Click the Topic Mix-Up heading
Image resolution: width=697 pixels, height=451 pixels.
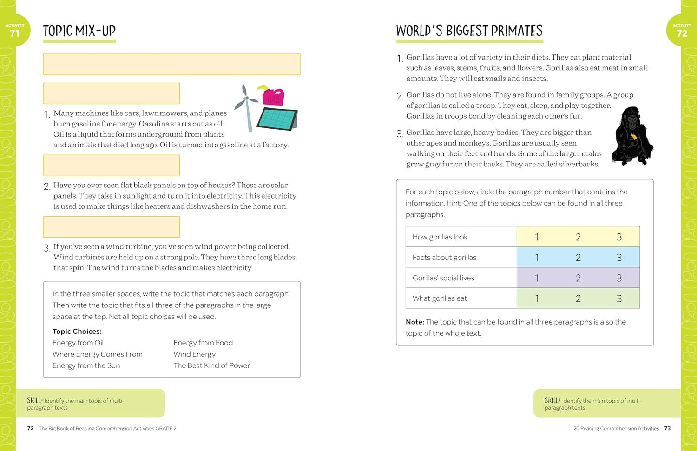pyautogui.click(x=79, y=31)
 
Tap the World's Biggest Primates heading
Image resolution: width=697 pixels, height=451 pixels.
pyautogui.click(x=469, y=31)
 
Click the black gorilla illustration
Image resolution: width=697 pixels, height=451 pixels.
pyautogui.click(x=632, y=136)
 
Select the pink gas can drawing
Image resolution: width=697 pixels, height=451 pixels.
pyautogui.click(x=273, y=96)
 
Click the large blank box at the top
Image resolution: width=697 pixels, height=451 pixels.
pyautogui.click(x=171, y=64)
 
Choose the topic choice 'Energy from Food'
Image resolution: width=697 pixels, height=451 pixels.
pyautogui.click(x=203, y=343)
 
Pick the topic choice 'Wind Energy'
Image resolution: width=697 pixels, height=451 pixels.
pyautogui.click(x=194, y=354)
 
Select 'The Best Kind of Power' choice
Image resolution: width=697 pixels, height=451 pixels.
pyautogui.click(x=211, y=365)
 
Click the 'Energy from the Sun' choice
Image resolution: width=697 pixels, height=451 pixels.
pyautogui.click(x=86, y=365)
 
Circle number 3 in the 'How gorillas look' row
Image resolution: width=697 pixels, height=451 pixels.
pyautogui.click(x=619, y=237)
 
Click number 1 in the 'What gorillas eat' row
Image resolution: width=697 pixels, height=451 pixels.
pyautogui.click(x=537, y=298)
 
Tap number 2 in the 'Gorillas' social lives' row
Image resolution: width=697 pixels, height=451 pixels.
pyautogui.click(x=578, y=278)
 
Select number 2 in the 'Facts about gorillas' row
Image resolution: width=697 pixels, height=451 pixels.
pyautogui.click(x=578, y=258)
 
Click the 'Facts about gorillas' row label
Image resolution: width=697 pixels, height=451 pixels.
pyautogui.click(x=444, y=258)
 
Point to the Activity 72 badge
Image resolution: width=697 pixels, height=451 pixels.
pyautogui.click(x=682, y=31)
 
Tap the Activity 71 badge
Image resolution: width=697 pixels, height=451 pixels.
pyautogui.click(x=15, y=31)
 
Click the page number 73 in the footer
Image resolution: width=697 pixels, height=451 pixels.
pyautogui.click(x=667, y=428)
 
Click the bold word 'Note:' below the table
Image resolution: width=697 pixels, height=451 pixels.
pyautogui.click(x=415, y=322)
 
